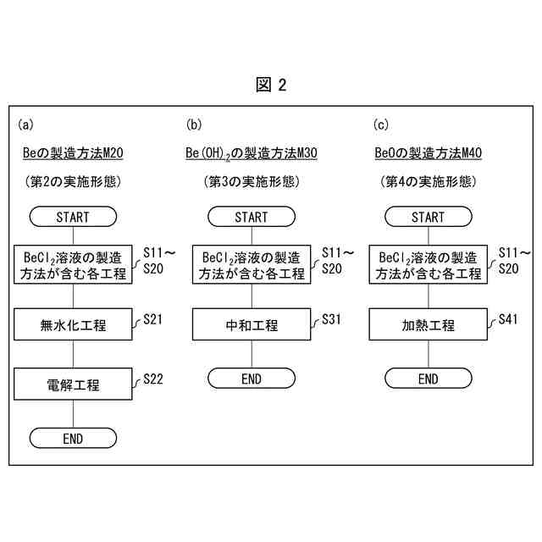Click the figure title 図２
coord(271,85)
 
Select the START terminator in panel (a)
coord(73,218)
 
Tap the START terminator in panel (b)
coord(251,218)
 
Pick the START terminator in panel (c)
coord(428,218)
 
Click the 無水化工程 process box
coord(74,324)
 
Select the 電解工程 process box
coord(74,384)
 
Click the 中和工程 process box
coord(252,324)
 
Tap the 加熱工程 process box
coord(429,324)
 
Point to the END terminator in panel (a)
coord(73,438)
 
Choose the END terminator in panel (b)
coord(251,379)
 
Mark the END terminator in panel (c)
coord(428,379)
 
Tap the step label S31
coord(331,319)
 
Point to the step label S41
coord(508,319)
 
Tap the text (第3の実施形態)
coord(251,181)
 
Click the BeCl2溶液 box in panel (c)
coord(429,265)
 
